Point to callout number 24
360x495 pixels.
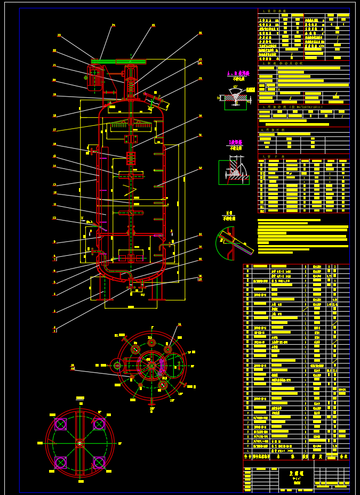point(113,25)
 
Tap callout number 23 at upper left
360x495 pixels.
point(59,35)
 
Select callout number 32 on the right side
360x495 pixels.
point(200,168)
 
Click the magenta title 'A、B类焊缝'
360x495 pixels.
point(238,73)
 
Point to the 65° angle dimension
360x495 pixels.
point(235,87)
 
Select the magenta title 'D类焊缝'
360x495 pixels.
point(235,142)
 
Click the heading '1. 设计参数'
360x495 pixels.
point(274,11)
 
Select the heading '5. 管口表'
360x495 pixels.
point(273,157)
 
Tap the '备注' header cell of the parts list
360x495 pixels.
point(343,457)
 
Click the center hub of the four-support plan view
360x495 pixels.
point(79,442)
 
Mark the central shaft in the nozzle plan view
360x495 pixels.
point(151,366)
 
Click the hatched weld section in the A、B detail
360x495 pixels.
point(235,98)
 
